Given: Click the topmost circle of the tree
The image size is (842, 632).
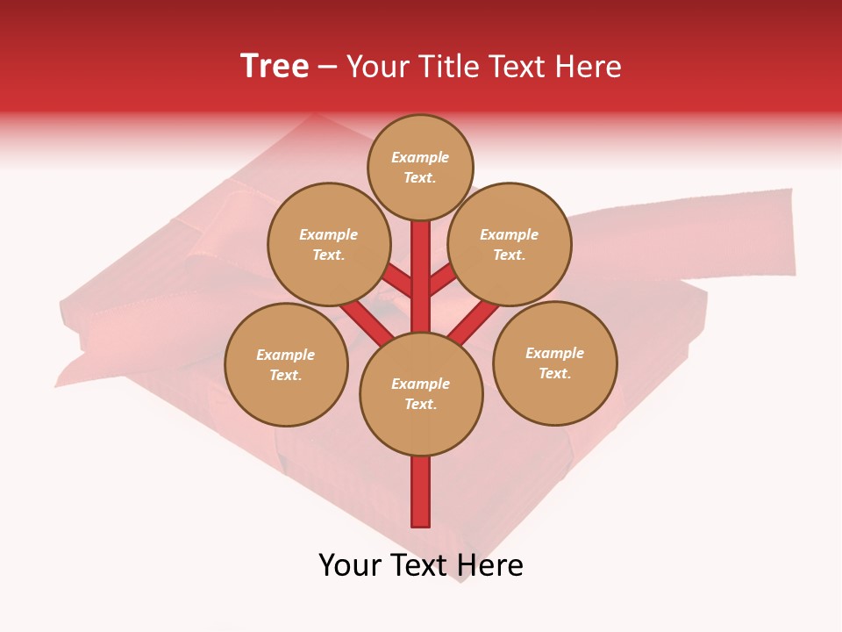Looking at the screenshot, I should coord(420,168).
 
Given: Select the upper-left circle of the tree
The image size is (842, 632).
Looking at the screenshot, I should coord(329,244).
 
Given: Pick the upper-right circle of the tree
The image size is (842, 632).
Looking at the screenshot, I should coord(510,244).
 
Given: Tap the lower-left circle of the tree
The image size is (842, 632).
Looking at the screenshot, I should coord(286,364).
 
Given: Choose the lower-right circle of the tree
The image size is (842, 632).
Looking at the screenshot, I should coord(555,363).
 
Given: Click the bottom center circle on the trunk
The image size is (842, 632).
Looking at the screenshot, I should coord(421,394).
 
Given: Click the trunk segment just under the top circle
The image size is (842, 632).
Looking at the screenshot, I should coord(421,250).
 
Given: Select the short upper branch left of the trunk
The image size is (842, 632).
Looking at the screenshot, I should coord(397,280).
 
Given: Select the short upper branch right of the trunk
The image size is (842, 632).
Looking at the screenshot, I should coord(444,280).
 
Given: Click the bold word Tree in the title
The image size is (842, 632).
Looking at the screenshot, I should coord(275,66).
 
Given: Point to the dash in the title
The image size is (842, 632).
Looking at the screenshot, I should coord(327,67).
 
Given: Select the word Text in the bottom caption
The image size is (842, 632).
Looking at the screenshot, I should coord(418,565).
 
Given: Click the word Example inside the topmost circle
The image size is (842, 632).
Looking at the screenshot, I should coord(420,158).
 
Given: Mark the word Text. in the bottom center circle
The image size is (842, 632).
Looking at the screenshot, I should coord(420,405).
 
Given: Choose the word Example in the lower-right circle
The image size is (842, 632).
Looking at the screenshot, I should coord(554,353).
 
